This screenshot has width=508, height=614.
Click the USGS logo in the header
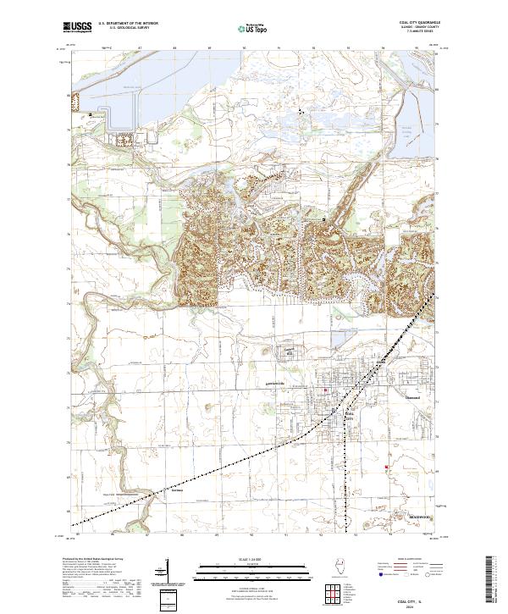(x=78, y=28)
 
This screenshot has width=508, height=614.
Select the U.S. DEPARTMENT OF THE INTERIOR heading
(x=127, y=25)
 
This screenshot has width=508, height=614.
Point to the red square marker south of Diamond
(x=387, y=467)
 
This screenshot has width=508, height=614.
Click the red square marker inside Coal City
(x=326, y=390)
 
